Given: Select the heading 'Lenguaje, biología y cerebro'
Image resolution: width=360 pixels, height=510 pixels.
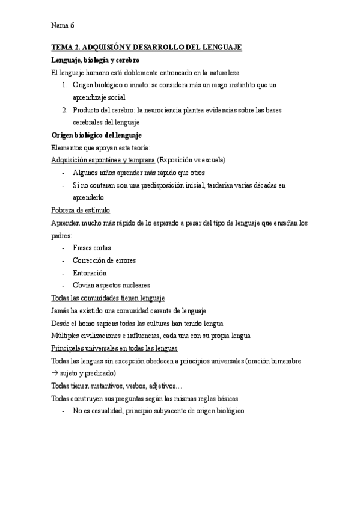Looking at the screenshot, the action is tap(96, 60).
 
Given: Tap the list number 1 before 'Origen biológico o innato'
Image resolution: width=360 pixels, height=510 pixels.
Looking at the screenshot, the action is tap(64, 85).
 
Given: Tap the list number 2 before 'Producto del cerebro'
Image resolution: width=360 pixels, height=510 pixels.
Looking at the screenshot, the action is tap(64, 111).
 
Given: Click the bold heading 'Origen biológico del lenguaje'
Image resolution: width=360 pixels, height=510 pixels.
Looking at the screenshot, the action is tap(97, 135).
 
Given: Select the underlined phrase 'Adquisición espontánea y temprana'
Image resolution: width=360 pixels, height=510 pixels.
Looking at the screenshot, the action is tap(103, 160).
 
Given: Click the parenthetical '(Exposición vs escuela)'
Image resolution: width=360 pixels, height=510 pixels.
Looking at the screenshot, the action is tap(191, 160).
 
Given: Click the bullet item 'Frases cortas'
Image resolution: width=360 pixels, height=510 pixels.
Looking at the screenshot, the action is tap(92, 248).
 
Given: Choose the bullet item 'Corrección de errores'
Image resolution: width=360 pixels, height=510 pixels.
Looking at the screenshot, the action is tap(104, 260).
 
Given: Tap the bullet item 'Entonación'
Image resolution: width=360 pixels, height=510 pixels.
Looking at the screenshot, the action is tap(90, 273).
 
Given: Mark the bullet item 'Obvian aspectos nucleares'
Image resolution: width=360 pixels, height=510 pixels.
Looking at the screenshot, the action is tap(111, 286).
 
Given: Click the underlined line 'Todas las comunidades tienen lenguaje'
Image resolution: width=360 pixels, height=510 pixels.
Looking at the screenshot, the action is tap(109, 298).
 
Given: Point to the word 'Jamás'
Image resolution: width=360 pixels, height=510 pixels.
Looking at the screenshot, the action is tap(61, 311).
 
